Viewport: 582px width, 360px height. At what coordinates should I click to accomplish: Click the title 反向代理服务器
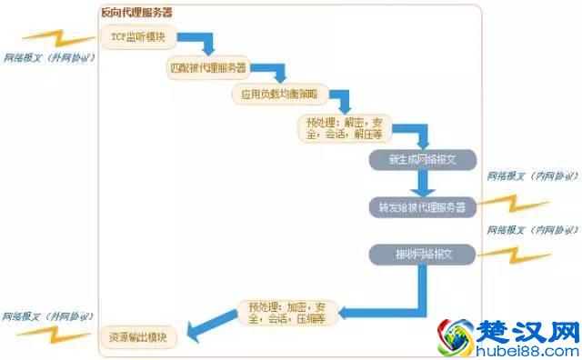click(137, 13)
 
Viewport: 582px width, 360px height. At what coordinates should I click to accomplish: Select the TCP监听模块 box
click(139, 39)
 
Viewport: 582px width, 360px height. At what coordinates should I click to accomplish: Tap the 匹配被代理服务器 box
click(208, 68)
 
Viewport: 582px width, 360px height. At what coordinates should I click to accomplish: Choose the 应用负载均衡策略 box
click(270, 96)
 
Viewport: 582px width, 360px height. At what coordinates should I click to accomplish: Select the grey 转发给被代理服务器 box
click(422, 207)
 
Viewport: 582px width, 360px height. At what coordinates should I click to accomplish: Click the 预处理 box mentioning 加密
click(283, 312)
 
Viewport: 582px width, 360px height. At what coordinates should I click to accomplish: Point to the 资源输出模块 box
click(138, 339)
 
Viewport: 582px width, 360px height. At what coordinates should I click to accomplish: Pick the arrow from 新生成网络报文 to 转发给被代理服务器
click(422, 183)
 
